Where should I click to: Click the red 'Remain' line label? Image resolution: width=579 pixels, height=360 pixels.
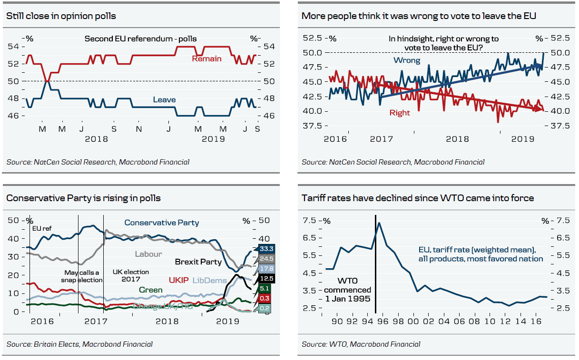[206, 59]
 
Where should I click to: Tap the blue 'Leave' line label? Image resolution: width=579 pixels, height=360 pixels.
[164, 100]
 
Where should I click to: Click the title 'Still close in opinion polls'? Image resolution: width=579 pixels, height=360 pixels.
[61, 16]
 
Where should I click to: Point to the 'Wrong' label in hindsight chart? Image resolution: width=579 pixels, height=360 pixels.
[406, 60]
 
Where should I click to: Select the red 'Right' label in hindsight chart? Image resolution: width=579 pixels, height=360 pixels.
[399, 113]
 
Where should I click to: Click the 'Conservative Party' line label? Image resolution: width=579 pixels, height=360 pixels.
[162, 223]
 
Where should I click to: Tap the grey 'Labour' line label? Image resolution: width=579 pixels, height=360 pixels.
[148, 254]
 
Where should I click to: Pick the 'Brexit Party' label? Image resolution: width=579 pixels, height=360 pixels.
[198, 262]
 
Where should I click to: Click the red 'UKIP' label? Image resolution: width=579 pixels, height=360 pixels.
[179, 281]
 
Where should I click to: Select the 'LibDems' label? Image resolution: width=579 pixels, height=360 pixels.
[209, 281]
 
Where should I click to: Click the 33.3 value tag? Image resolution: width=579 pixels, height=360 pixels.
[266, 248]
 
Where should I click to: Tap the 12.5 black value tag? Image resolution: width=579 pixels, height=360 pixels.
[266, 278]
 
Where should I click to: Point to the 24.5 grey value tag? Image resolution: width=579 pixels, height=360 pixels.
[266, 259]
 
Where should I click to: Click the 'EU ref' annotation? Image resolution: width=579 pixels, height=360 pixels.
[41, 228]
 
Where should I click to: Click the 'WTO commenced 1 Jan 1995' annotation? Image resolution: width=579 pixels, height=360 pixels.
[347, 290]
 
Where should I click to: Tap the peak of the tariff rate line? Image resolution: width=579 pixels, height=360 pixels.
[379, 223]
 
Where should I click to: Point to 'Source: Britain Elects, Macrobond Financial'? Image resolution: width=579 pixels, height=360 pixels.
[79, 344]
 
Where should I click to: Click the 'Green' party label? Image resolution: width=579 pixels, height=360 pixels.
[151, 290]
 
